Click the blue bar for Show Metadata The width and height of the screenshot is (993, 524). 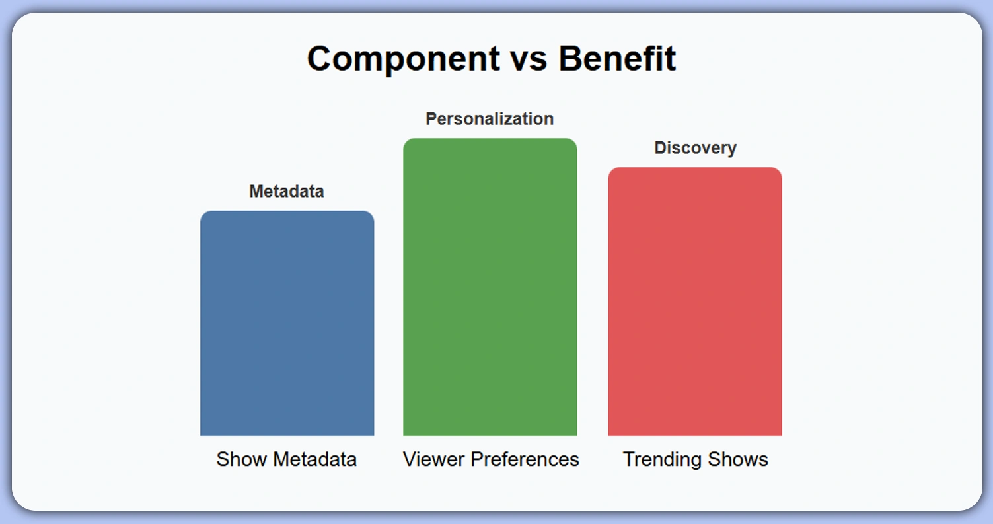click(287, 323)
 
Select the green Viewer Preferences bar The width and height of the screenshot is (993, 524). click(490, 287)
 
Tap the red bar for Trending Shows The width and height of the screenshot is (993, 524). click(694, 301)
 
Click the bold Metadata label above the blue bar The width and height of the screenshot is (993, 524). click(287, 192)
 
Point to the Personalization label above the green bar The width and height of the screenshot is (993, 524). click(490, 119)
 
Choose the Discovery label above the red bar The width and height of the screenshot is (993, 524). click(695, 148)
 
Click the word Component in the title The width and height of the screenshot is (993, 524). click(403, 59)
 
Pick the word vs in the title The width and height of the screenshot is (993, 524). click(528, 59)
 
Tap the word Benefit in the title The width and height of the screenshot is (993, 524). click(617, 59)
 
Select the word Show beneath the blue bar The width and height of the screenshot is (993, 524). click(242, 459)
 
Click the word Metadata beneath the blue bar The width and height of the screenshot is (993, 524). click(315, 459)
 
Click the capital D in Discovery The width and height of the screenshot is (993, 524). click(660, 148)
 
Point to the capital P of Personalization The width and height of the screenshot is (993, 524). click(431, 119)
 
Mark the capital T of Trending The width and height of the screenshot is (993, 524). click(629, 459)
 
